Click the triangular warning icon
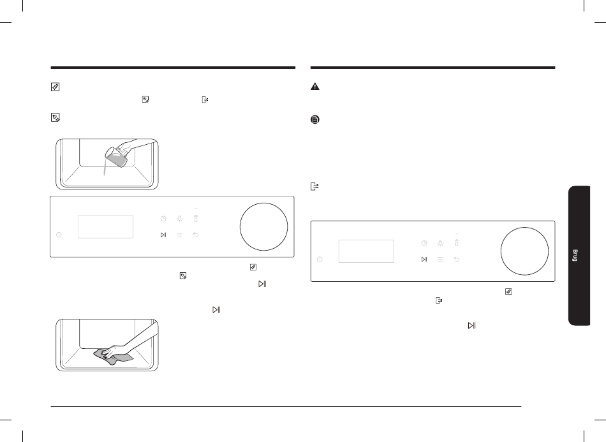coord(315,87)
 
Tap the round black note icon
coord(315,119)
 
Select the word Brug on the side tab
coord(575,255)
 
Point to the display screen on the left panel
coord(105,227)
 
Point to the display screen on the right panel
coord(366,251)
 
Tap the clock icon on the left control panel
coord(163,219)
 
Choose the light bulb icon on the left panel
coord(179,219)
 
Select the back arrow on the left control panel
coord(196,235)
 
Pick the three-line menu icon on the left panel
coord(179,235)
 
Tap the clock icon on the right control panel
coord(424,243)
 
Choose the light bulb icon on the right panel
coord(440,243)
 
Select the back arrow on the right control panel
coord(457,259)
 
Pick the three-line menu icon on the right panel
coord(440,259)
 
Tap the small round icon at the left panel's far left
coord(59,235)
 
